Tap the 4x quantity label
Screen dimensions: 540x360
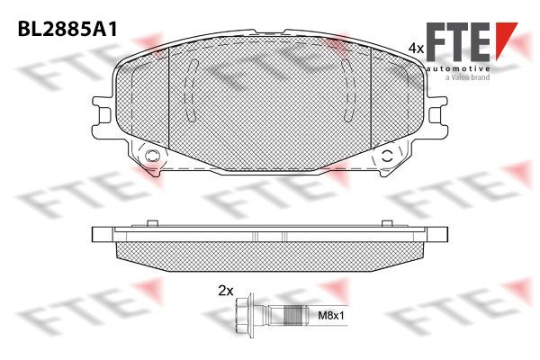pyautogui.click(x=415, y=49)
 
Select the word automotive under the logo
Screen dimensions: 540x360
pyautogui.click(x=458, y=68)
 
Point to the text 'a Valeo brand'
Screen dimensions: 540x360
pyautogui.click(x=468, y=77)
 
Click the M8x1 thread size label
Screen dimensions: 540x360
pyautogui.click(x=330, y=315)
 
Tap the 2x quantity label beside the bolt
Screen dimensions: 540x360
pyautogui.click(x=226, y=291)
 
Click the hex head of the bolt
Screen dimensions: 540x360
pyautogui.click(x=243, y=315)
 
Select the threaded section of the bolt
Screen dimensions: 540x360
pyautogui.click(x=295, y=315)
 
